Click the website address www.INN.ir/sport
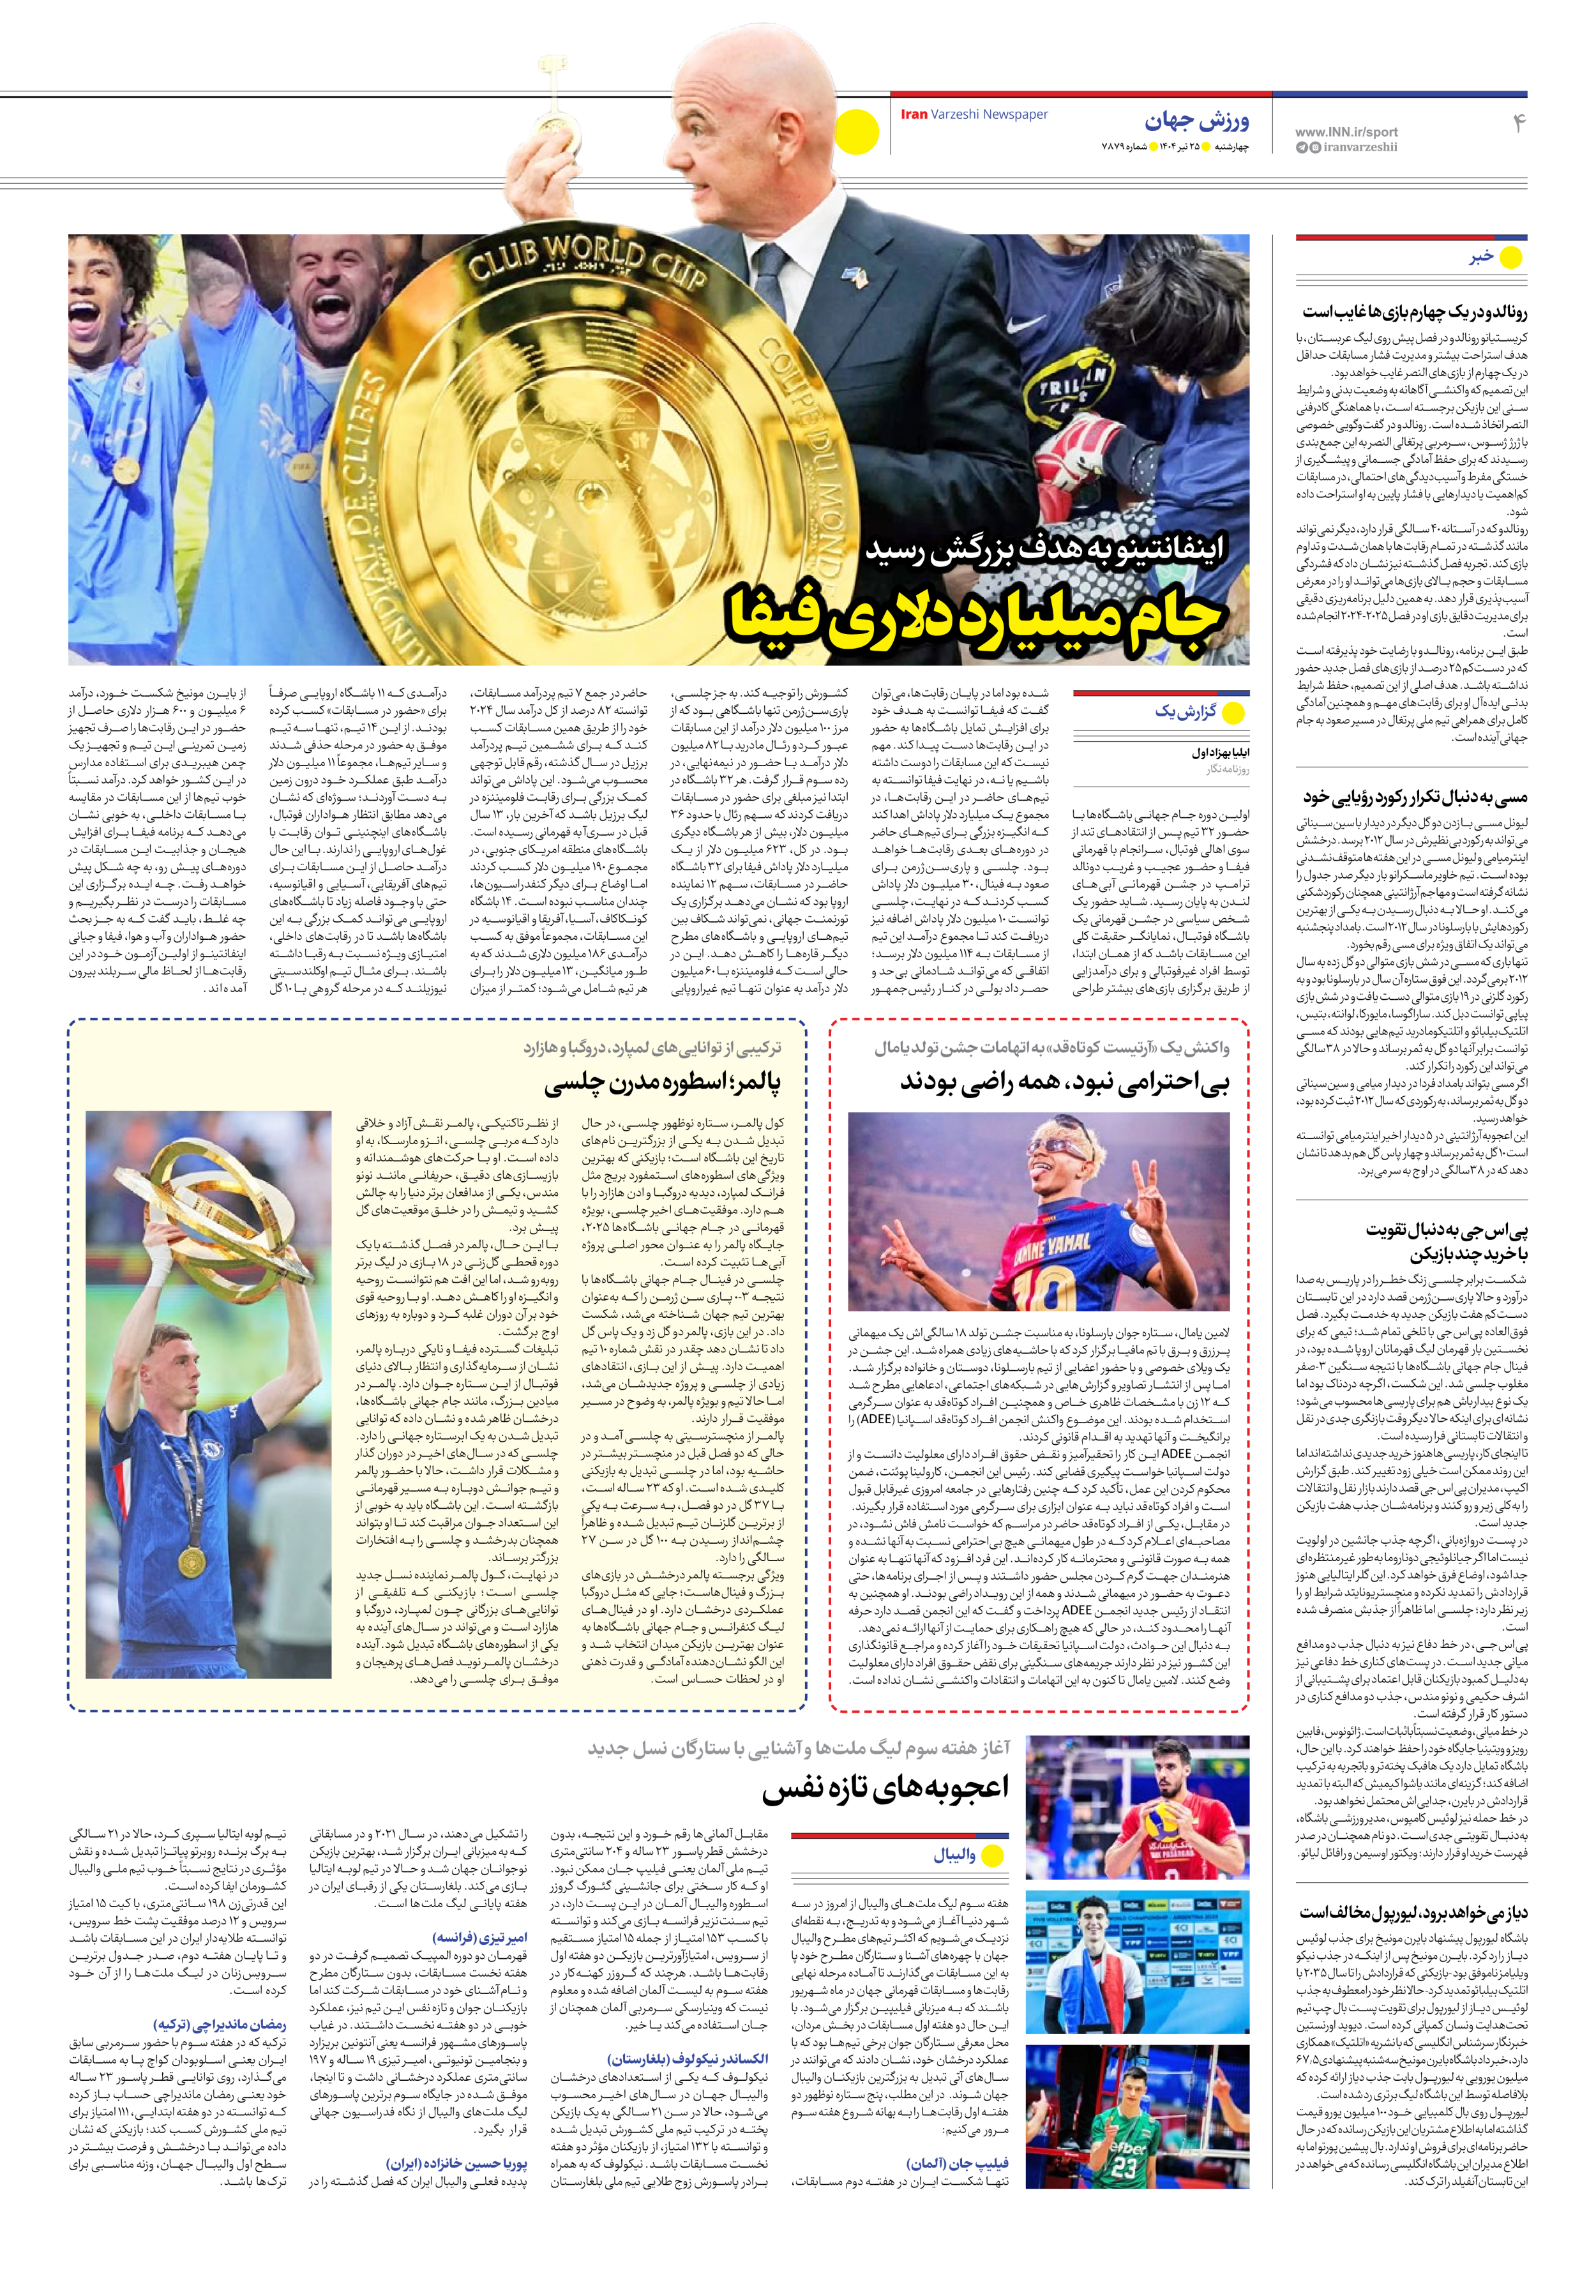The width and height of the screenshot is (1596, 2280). (x=1346, y=131)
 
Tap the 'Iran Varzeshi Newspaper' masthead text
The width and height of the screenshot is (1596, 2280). (x=974, y=114)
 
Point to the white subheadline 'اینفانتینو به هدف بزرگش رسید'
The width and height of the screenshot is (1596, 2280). (x=1045, y=548)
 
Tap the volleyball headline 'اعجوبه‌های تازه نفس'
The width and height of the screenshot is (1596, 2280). (x=884, y=1788)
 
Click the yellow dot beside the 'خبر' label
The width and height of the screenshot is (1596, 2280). (x=1510, y=258)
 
